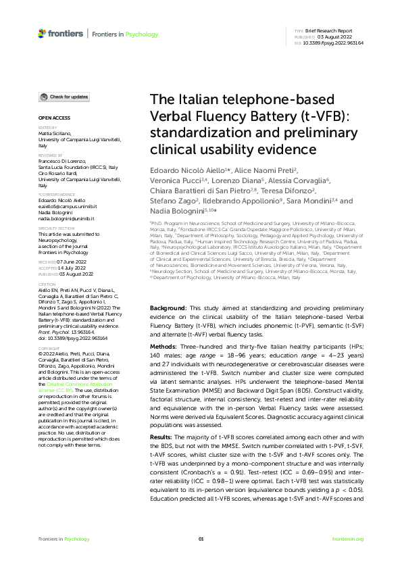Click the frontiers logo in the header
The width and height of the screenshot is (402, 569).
tap(61, 33)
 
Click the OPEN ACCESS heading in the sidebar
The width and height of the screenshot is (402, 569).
tap(51, 117)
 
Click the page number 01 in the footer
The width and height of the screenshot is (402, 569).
tap(201, 539)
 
